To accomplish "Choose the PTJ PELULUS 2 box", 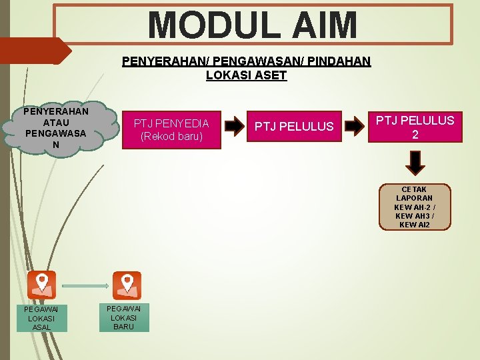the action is coord(415,127).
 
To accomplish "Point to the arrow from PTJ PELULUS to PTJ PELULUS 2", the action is coord(356,125).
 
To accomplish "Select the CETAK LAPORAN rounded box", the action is coord(415,207).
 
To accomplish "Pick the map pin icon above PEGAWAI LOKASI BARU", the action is coord(127,285).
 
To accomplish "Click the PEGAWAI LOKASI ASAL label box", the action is coord(41,318).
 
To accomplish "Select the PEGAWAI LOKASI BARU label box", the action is coord(124,317).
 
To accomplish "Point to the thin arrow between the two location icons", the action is coord(85,285).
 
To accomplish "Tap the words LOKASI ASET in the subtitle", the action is coord(247,75).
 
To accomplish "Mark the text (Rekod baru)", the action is coord(171,137).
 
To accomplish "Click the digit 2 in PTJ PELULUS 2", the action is coord(415,134).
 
